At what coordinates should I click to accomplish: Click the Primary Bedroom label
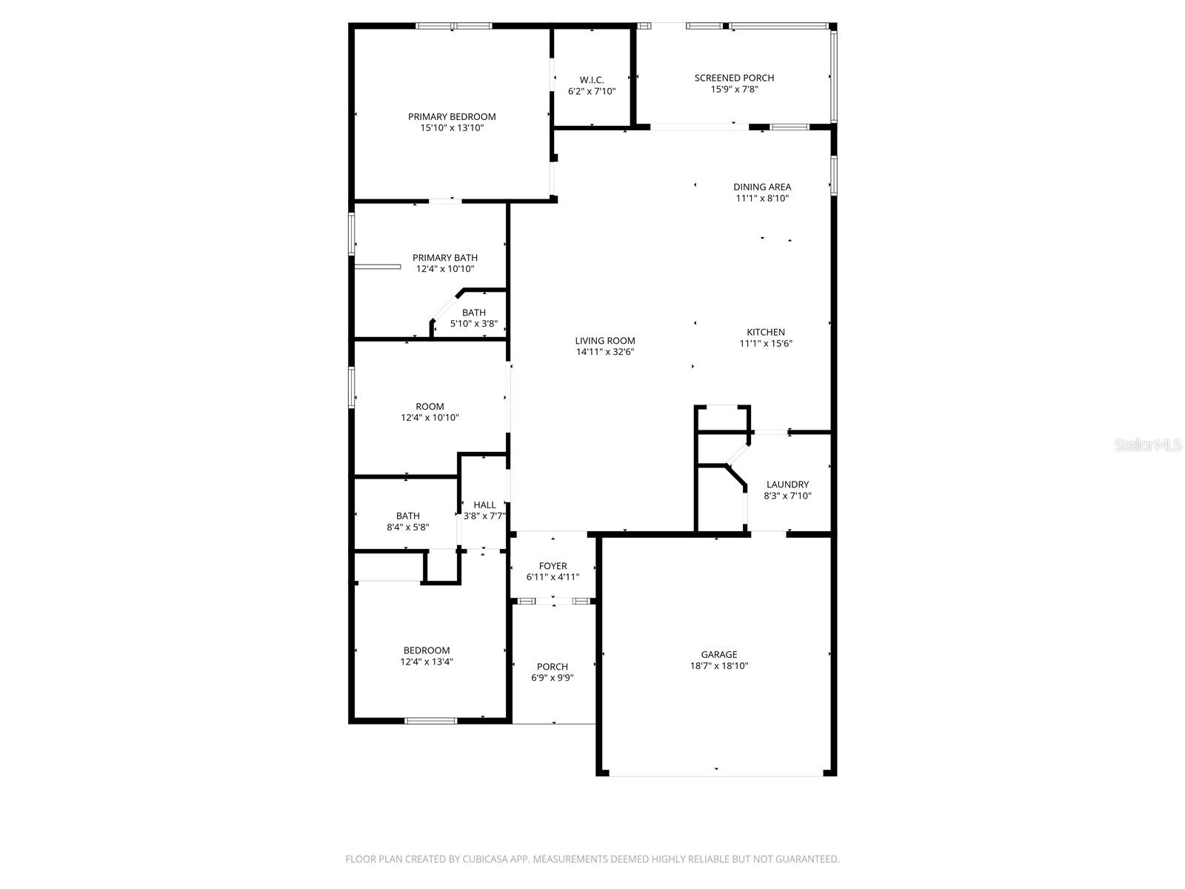(x=452, y=116)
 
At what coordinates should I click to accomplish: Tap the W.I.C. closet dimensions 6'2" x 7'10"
(x=592, y=92)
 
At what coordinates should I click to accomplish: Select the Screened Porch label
(x=734, y=78)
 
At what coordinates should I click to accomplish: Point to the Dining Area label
(x=762, y=187)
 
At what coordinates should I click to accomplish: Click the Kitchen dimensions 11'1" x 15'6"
(x=766, y=344)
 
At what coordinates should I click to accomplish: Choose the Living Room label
(x=605, y=341)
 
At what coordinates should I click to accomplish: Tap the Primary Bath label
(x=445, y=258)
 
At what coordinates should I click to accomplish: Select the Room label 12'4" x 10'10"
(x=430, y=407)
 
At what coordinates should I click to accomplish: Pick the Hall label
(x=484, y=505)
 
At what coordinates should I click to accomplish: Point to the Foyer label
(x=553, y=566)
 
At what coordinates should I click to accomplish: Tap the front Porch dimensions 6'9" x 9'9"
(x=553, y=678)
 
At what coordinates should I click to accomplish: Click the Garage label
(x=719, y=654)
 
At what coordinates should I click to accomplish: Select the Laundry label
(x=787, y=485)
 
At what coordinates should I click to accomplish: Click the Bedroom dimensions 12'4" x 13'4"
(x=427, y=662)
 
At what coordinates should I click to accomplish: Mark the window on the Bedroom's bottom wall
(x=431, y=720)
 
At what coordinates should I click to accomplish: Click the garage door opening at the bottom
(x=716, y=775)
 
